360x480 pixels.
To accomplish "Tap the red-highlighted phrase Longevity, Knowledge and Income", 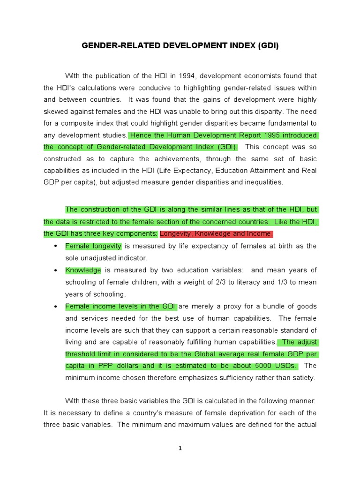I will [216, 234].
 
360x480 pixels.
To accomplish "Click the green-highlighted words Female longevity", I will [93, 246].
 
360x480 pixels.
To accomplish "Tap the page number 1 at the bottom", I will [180, 448].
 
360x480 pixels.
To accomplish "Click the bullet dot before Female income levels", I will [56, 306].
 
